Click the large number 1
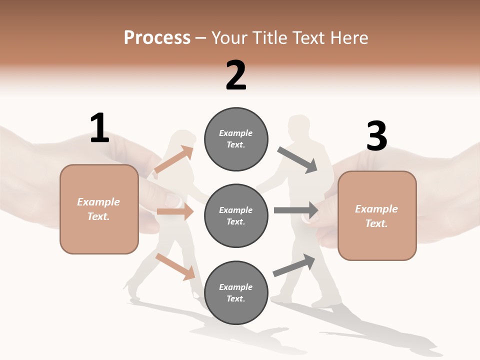tap(99, 128)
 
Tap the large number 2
tap(236, 75)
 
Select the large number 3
tap(376, 136)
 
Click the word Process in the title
tap(157, 37)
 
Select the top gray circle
tap(236, 139)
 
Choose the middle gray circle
tap(236, 215)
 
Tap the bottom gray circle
tap(236, 292)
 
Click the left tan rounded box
tap(99, 209)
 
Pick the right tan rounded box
tap(377, 215)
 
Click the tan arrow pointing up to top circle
tap(174, 159)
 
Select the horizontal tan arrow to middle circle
tap(175, 211)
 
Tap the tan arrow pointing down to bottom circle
tap(175, 266)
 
